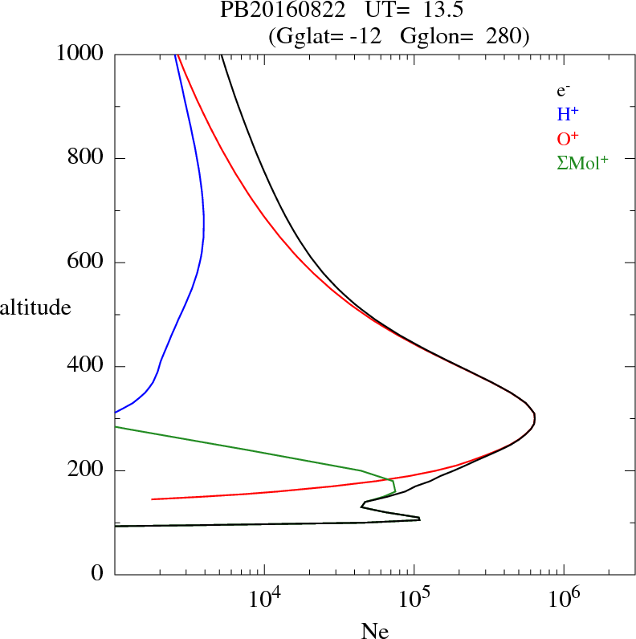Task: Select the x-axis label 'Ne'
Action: pyautogui.click(x=374, y=631)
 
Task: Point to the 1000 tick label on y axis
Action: pyautogui.click(x=82, y=54)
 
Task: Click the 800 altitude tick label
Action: pyautogui.click(x=88, y=158)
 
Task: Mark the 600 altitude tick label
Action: pyautogui.click(x=88, y=263)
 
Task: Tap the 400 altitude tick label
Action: pyautogui.click(x=88, y=367)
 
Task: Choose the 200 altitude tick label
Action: pyautogui.click(x=88, y=471)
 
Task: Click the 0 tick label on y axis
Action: pyautogui.click(x=99, y=575)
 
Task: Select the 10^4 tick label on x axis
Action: pyautogui.click(x=266, y=600)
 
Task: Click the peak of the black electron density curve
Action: pyautogui.click(x=535, y=418)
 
